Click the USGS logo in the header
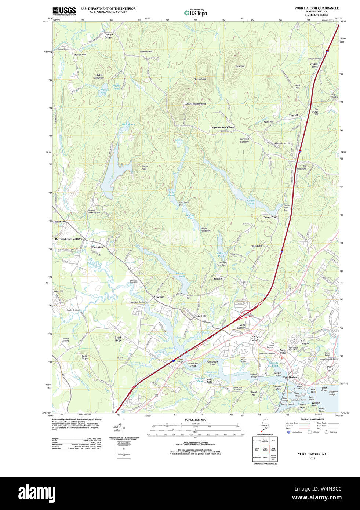coord(64,11)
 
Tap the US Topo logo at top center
coord(196,12)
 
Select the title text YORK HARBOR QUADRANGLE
coord(316,8)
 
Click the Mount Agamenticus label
coord(196,104)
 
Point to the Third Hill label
coord(240,66)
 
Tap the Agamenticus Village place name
coord(223,127)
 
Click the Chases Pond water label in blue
coord(251,202)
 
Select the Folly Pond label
coord(171,193)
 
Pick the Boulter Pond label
coord(180,275)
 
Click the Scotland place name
coord(159,297)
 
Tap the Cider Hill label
coord(200,316)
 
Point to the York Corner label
coord(241,326)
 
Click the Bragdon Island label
coord(277,387)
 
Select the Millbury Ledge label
coord(333,393)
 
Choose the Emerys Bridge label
coord(108,36)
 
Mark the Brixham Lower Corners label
coord(68,239)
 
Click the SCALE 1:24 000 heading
coord(195,420)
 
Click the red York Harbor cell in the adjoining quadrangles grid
coord(265,449)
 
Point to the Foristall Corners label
coord(244,140)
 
